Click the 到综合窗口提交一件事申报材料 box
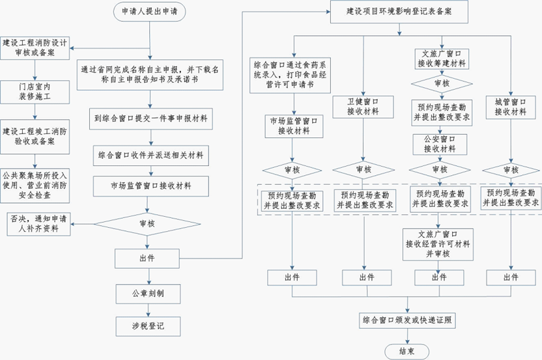pyautogui.click(x=150, y=119)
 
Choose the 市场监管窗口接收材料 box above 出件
pyautogui.click(x=150, y=186)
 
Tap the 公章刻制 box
pyautogui.click(x=150, y=293)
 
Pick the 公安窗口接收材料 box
pyautogui.click(x=437, y=143)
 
